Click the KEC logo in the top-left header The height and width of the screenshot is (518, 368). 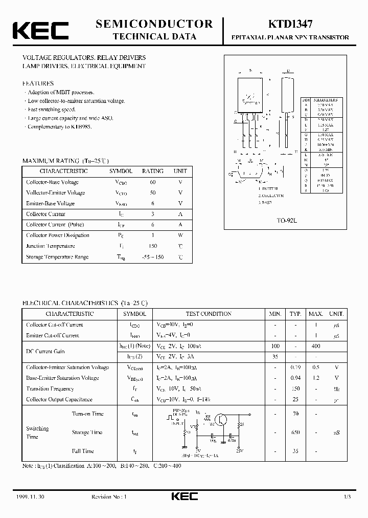coord(40,31)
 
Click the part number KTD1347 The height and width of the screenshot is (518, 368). coord(286,24)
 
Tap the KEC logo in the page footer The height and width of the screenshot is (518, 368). coord(183,497)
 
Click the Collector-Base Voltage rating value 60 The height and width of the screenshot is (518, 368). coord(153,182)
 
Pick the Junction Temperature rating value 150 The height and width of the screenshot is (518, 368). coord(153,246)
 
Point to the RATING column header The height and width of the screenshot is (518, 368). coord(153,171)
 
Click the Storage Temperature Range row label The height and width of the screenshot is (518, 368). coord(57,257)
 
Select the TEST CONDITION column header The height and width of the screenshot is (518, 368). coord(209,314)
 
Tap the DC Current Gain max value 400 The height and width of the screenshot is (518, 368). coord(316,346)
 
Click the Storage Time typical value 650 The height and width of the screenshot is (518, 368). coord(295,433)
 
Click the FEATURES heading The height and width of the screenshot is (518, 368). coord(38,83)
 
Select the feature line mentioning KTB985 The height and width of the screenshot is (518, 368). coord(59,126)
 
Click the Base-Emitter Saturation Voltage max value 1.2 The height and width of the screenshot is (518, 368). coord(316,378)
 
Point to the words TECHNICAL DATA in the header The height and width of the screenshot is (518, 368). coord(154,36)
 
